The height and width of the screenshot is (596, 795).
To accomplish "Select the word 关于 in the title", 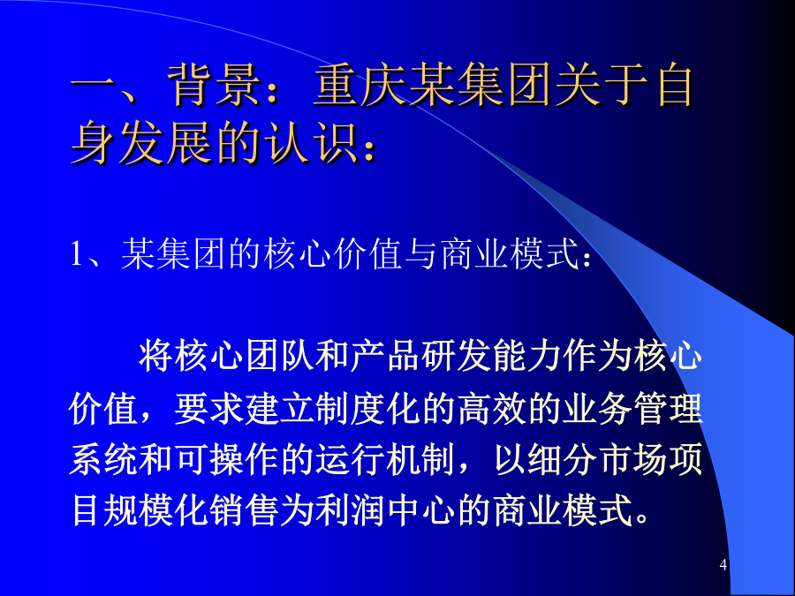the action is (x=603, y=85).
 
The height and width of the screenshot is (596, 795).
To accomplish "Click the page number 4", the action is (x=723, y=564).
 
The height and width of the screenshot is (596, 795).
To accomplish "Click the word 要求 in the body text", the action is (x=208, y=408).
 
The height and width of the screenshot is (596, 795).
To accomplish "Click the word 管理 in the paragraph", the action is (x=669, y=408).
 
